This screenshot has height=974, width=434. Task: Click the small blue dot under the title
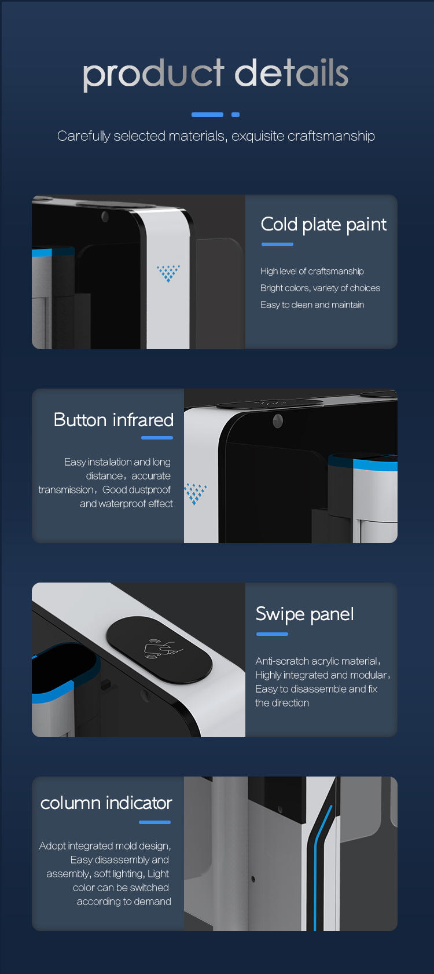tap(236, 115)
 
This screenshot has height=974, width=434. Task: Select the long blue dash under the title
tap(207, 115)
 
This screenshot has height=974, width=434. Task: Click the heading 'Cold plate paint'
tap(323, 225)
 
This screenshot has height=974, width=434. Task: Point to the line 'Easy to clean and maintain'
tap(312, 305)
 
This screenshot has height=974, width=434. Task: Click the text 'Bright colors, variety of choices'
tap(320, 288)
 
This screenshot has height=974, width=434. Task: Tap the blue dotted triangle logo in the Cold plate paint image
tap(168, 273)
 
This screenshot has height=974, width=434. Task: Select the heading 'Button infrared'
tap(113, 420)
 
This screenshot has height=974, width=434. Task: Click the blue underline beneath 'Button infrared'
tap(157, 438)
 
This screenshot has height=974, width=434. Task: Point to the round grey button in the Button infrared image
tap(278, 420)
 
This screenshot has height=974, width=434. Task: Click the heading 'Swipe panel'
tap(304, 614)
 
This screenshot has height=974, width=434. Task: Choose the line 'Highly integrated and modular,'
tap(323, 675)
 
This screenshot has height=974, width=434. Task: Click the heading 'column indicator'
tap(106, 803)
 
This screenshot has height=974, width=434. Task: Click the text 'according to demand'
tap(124, 902)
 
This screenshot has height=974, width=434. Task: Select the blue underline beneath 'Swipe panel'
tap(272, 635)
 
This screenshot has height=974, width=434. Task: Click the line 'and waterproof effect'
tap(126, 504)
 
